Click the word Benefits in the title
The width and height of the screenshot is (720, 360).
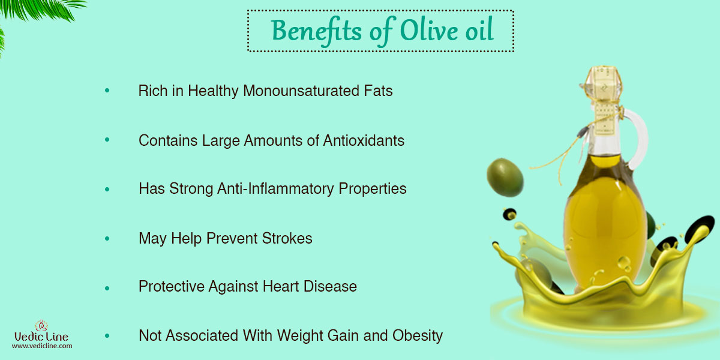[x=317, y=31]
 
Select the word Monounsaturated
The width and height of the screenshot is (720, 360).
[x=301, y=91]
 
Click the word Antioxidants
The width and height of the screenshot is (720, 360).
[x=364, y=140]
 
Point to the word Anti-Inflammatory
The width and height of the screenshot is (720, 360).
[x=275, y=188]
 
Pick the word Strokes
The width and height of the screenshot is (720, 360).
[x=287, y=238]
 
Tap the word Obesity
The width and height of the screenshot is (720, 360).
[x=418, y=336]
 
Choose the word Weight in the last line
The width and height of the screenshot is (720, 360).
[x=300, y=336]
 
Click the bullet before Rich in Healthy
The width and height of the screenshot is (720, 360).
[x=107, y=91]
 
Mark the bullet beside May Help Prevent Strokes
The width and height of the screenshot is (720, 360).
[x=107, y=239]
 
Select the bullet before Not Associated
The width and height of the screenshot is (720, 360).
[x=107, y=336]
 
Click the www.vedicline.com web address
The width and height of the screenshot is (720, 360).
[x=42, y=346]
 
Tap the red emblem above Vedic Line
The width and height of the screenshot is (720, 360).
[x=41, y=325]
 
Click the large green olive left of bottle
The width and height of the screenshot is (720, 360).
[x=505, y=178]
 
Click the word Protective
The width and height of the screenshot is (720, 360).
[x=172, y=286]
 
